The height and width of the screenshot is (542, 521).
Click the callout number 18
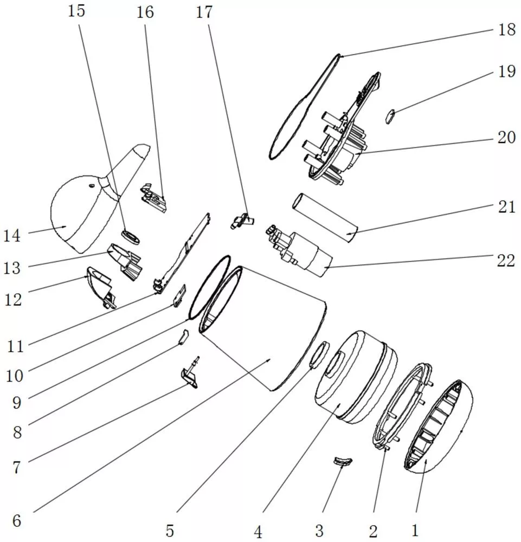[507, 29]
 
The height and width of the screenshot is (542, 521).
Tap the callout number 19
[507, 71]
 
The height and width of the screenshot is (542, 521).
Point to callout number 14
[12, 236]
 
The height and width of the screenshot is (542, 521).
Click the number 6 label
[17, 520]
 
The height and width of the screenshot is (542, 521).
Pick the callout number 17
[204, 12]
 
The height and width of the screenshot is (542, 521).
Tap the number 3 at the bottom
[319, 530]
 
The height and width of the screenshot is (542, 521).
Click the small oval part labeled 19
[390, 116]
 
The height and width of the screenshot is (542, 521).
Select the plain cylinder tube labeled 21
[325, 218]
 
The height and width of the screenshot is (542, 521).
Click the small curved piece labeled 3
[343, 461]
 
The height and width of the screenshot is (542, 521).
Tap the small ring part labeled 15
[131, 237]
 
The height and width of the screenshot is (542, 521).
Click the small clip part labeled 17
[242, 221]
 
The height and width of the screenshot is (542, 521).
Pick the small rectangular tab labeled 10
[180, 295]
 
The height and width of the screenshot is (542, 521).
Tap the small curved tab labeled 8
[184, 337]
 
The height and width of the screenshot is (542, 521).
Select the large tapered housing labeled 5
[263, 328]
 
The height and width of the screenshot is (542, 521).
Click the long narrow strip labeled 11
[182, 254]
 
